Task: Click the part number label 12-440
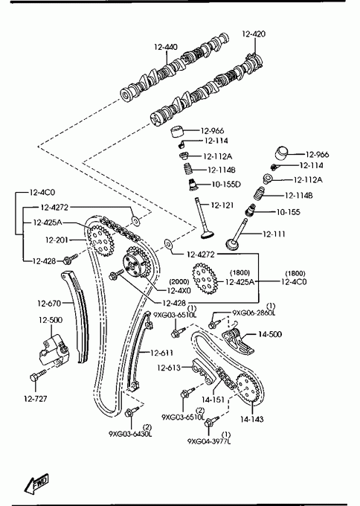click(165, 47)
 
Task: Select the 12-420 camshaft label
click(254, 34)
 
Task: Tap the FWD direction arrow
click(36, 484)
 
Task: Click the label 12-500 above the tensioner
click(51, 320)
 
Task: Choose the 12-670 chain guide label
click(49, 304)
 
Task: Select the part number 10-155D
click(226, 185)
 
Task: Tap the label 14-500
click(270, 334)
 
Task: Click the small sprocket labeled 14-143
click(248, 388)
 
